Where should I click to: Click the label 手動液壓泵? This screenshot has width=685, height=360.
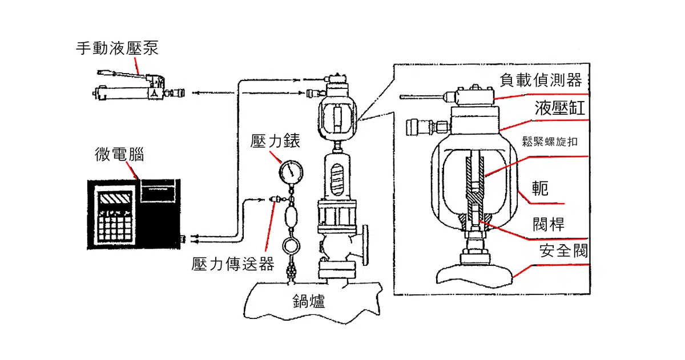click(117, 48)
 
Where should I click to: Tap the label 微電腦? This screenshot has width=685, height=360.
click(119, 154)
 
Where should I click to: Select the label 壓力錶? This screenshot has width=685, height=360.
click(275, 141)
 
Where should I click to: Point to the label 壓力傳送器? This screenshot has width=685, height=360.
click(233, 264)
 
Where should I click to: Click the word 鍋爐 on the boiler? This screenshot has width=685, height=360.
click(309, 301)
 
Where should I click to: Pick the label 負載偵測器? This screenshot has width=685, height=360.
click(541, 80)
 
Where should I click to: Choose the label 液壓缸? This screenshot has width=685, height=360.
click(560, 108)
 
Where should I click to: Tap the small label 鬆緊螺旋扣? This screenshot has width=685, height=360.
click(550, 141)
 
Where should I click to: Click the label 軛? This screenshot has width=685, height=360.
click(540, 188)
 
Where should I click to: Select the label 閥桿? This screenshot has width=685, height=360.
click(549, 224)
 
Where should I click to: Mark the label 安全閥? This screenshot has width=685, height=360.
click(563, 250)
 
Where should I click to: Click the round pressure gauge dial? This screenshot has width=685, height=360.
click(291, 172)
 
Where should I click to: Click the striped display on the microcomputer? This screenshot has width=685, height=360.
click(115, 199)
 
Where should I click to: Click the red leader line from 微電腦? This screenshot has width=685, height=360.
click(132, 171)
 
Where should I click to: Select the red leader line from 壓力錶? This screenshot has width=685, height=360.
click(276, 156)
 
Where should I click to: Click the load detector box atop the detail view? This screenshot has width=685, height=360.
click(475, 95)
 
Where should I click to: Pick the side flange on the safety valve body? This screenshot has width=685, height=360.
click(365, 245)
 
